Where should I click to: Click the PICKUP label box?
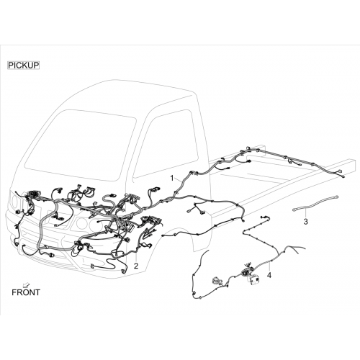(x=24, y=66)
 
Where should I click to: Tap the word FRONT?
(x=26, y=292)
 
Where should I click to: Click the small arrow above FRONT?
(x=25, y=284)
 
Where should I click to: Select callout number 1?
(x=172, y=179)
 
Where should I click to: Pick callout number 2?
(x=136, y=266)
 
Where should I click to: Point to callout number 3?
(x=305, y=222)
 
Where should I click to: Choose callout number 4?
(x=269, y=275)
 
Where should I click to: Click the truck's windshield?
(x=81, y=144)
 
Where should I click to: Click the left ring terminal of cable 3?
(x=294, y=210)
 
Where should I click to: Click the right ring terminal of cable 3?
(x=336, y=197)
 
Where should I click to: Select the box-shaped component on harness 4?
(x=253, y=280)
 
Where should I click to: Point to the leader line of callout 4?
(x=269, y=266)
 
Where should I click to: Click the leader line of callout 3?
(x=305, y=212)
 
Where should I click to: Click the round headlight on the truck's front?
(x=81, y=223)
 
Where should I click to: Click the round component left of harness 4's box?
(x=217, y=280)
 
